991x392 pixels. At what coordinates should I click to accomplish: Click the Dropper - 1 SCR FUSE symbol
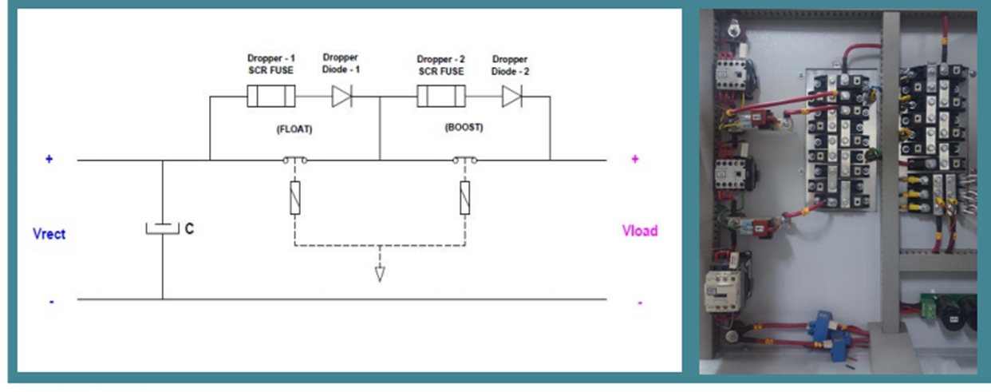coord(270,97)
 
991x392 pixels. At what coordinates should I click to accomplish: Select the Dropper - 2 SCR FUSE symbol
coord(441,97)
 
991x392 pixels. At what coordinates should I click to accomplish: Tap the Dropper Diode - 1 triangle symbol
coord(342,97)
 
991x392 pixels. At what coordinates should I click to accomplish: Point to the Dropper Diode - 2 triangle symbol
coord(511,97)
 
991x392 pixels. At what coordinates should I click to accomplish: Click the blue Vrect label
coord(49,235)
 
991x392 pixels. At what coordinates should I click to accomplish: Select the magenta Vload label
coord(640,231)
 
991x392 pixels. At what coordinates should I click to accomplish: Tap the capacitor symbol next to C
coord(162,229)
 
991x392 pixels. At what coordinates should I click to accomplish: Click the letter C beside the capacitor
coord(189,229)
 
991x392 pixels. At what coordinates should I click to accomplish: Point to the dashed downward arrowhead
coord(380,274)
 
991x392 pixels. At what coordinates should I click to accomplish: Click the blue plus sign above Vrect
coord(49,159)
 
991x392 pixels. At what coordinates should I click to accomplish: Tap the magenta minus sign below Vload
coord(640,303)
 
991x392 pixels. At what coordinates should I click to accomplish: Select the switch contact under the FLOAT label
coord(294,160)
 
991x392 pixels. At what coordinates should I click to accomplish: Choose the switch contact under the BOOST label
coord(465,160)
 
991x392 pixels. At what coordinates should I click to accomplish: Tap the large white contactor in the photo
coord(724,290)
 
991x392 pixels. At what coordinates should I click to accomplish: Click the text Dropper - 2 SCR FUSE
coord(441,65)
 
